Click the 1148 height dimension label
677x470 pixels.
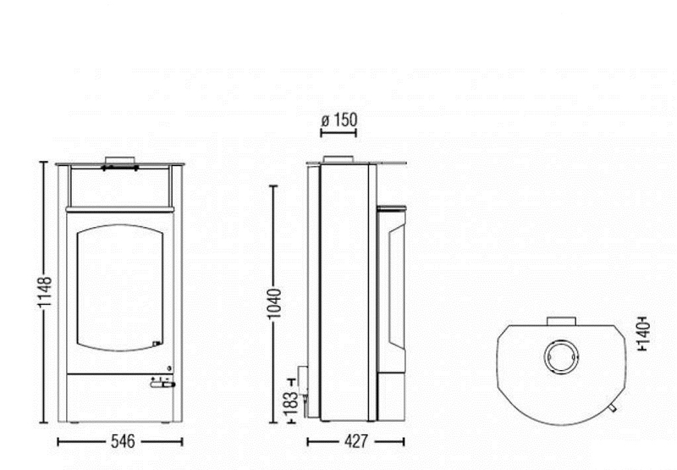pos(45,292)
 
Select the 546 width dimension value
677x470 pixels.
pos(123,441)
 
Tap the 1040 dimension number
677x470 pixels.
pos(274,304)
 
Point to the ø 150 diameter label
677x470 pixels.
pos(339,120)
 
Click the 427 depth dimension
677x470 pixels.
pos(356,441)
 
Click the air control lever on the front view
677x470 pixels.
pos(162,384)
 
